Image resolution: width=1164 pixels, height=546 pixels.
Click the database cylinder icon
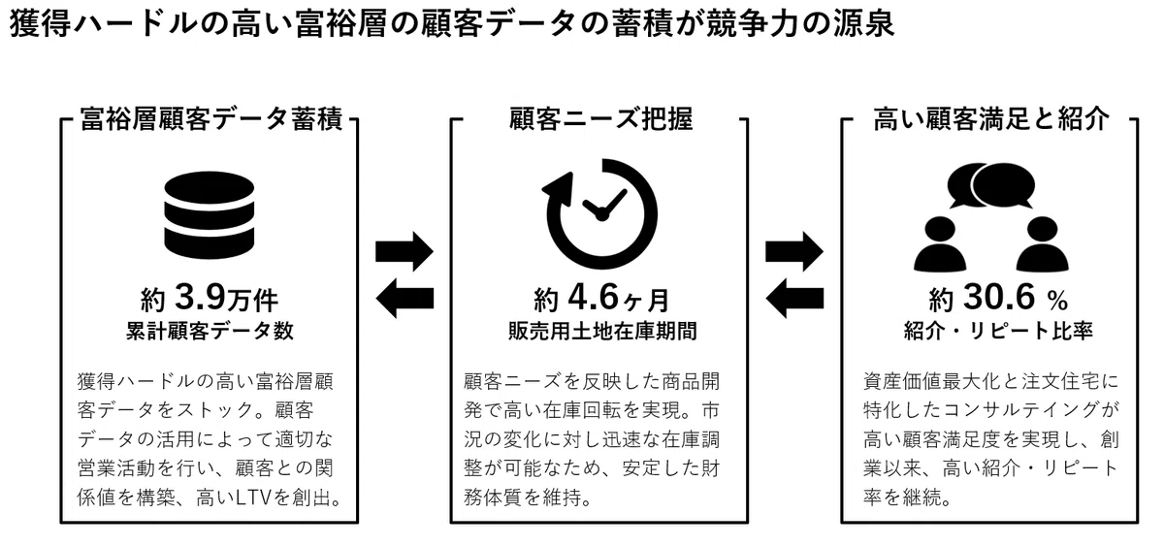tap(209, 215)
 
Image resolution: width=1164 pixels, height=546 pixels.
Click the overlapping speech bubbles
tap(991, 185)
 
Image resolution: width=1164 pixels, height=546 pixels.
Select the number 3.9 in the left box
tap(201, 297)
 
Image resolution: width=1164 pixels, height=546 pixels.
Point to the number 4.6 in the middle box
tap(594, 297)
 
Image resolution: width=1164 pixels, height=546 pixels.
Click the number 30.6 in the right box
tap(999, 297)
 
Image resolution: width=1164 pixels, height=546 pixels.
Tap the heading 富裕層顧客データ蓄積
tap(211, 119)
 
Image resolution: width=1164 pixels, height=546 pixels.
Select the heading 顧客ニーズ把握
tap(600, 119)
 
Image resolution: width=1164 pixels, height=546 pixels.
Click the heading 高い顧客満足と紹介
tap(991, 119)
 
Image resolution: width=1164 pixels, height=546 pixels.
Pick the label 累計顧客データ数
tap(210, 331)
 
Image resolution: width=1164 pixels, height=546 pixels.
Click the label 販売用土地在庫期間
tap(602, 331)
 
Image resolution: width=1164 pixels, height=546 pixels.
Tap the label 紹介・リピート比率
tap(998, 331)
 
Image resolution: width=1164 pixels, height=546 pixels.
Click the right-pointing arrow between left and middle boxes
tap(404, 251)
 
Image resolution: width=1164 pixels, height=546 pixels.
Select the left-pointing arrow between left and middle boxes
tap(404, 298)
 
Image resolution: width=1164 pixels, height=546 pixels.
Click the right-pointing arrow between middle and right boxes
tap(794, 251)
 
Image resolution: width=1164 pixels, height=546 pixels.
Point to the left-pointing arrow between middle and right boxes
tap(794, 298)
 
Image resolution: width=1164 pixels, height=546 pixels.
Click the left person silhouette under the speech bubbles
tap(940, 244)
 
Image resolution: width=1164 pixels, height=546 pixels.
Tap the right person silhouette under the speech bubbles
tap(1043, 244)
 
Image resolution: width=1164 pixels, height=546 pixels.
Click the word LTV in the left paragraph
tap(253, 498)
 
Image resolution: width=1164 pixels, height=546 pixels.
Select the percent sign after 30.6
tap(1057, 301)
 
